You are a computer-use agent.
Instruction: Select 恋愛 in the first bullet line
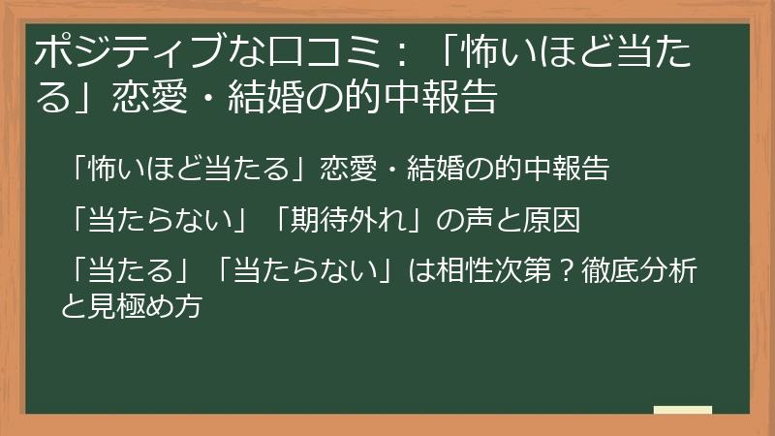pyautogui.click(x=347, y=170)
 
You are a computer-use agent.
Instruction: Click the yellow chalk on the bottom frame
pyautogui.click(x=682, y=410)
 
